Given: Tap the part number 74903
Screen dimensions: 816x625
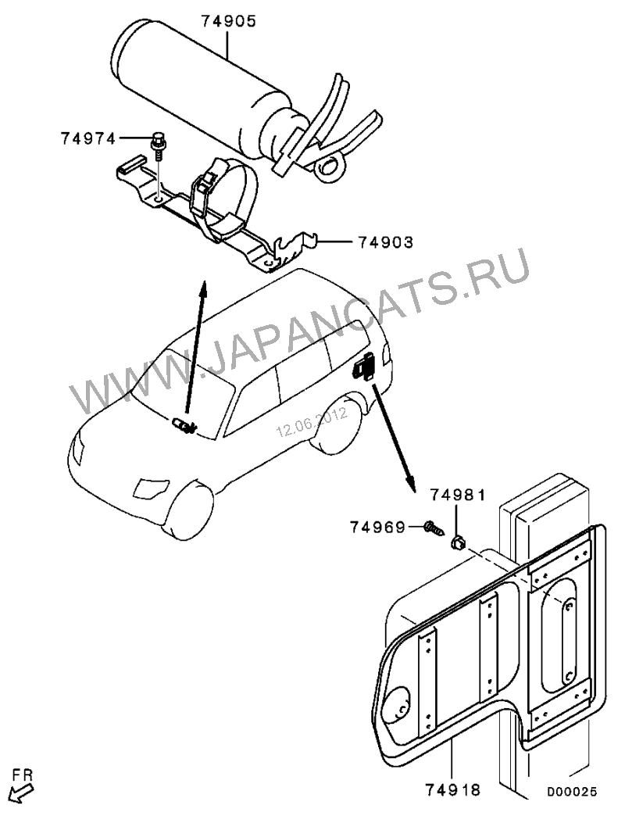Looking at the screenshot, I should click(385, 242).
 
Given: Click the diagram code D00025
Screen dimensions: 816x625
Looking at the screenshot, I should click(572, 792).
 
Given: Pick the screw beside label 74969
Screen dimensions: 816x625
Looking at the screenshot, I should click(432, 529).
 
